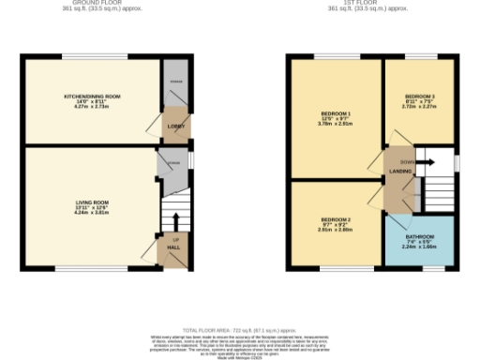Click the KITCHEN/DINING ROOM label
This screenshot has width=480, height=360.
click(91, 97)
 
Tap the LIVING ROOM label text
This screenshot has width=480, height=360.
click(93, 202)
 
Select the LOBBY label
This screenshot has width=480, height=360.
click(174, 124)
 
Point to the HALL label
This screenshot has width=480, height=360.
click(174, 247)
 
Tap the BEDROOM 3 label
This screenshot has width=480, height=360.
click(419, 97)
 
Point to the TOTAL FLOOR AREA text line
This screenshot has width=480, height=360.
click(240, 330)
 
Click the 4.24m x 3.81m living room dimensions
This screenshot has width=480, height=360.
click(93, 213)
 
